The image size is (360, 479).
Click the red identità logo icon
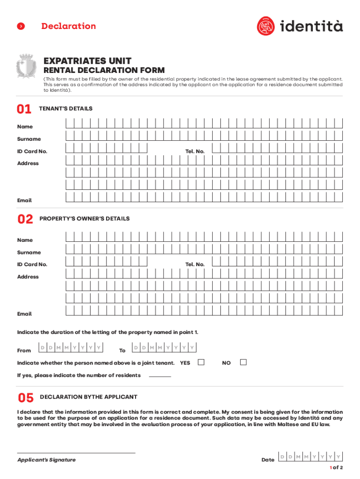266,26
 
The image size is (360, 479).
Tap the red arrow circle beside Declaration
21,27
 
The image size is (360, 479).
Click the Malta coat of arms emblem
26,65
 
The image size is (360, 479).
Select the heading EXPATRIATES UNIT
87,61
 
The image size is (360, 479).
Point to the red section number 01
24,109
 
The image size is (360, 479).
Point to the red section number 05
26,398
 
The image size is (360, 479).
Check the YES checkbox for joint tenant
201,362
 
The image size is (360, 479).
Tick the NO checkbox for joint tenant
243,362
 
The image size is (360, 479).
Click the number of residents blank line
160,376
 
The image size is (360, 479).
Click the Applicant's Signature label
46,460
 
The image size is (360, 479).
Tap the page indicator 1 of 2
336,468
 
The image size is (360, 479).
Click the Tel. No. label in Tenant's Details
195,151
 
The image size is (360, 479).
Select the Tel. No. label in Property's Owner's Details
195,264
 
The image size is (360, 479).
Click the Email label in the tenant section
24,200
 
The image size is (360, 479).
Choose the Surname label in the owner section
29,252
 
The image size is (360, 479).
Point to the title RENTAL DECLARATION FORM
104,71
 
